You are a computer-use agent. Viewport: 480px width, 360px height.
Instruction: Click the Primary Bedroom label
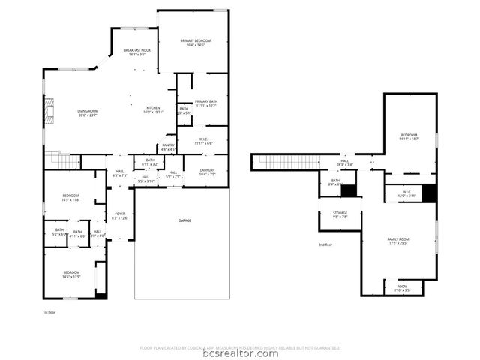point(192,43)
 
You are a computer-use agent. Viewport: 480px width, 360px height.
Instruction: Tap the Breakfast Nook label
point(136,52)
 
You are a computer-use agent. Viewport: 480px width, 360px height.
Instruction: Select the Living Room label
point(88,113)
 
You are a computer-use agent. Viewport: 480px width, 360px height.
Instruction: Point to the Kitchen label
point(153,109)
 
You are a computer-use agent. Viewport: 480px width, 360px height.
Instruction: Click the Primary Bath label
point(205,103)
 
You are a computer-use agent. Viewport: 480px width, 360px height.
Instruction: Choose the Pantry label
point(169,147)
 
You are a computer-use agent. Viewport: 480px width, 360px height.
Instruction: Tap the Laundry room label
point(207,172)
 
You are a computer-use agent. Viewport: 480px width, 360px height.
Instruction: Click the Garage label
point(184,220)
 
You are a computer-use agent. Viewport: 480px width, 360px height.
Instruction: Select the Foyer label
point(120,216)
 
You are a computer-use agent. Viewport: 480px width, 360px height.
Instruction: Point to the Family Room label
point(398,241)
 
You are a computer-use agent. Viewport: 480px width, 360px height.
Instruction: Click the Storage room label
point(340,215)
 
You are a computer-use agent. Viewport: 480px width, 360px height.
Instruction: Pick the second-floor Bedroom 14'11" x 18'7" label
point(409,136)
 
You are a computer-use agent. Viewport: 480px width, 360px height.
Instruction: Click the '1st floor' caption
point(49,310)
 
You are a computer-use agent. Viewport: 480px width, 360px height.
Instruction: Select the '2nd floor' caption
point(325,244)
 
